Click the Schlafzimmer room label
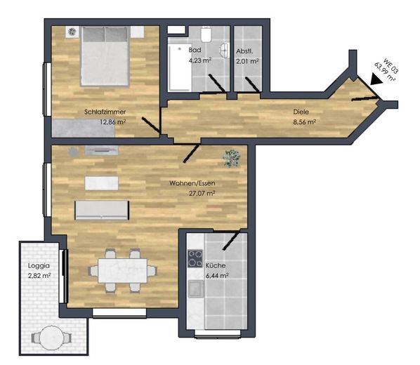(x=105, y=112)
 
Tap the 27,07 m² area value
(x=202, y=193)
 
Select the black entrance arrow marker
(x=376, y=79)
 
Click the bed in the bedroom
(x=105, y=56)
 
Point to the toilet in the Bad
(x=206, y=34)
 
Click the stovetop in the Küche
(x=195, y=258)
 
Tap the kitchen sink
(x=196, y=289)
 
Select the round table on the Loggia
(x=51, y=337)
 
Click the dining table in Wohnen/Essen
(x=123, y=270)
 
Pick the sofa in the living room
(x=102, y=210)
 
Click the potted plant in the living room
(x=231, y=158)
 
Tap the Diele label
(x=301, y=112)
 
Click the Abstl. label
(x=244, y=51)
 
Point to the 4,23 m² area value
(x=200, y=60)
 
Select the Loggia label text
(x=39, y=266)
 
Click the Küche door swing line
(x=231, y=241)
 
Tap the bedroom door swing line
(x=151, y=125)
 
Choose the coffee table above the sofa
(x=102, y=183)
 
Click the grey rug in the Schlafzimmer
(x=84, y=128)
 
